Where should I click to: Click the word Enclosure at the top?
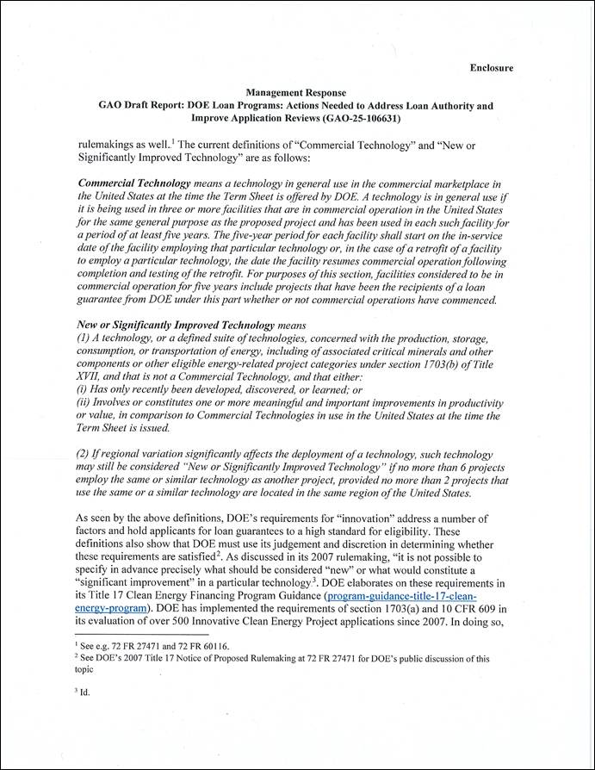click(x=492, y=66)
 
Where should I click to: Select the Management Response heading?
click(x=295, y=92)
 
